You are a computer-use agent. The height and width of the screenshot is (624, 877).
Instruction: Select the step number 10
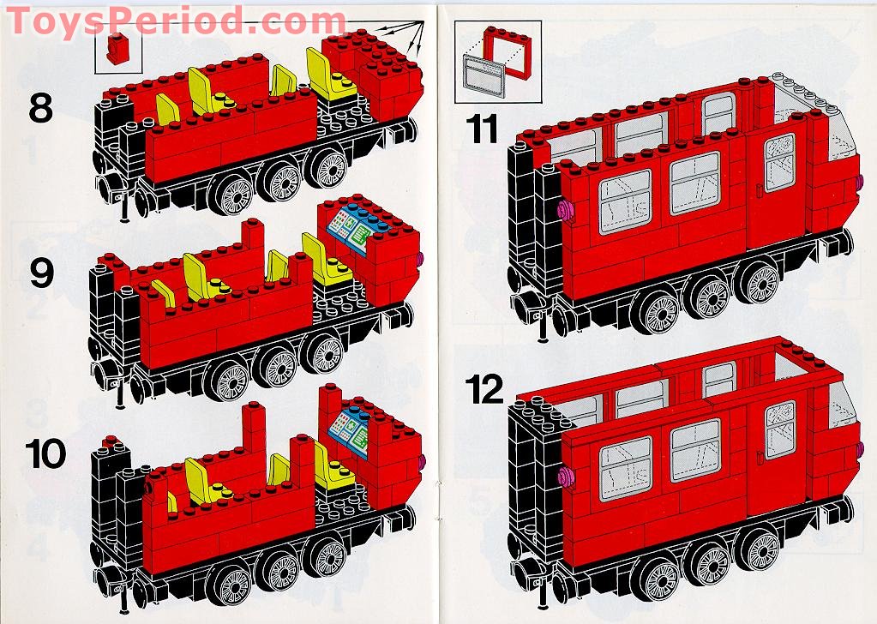[x=45, y=453]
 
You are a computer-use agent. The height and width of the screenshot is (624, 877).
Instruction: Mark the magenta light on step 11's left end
[x=565, y=210]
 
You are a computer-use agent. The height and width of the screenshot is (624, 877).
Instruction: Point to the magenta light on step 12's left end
[x=565, y=476]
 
